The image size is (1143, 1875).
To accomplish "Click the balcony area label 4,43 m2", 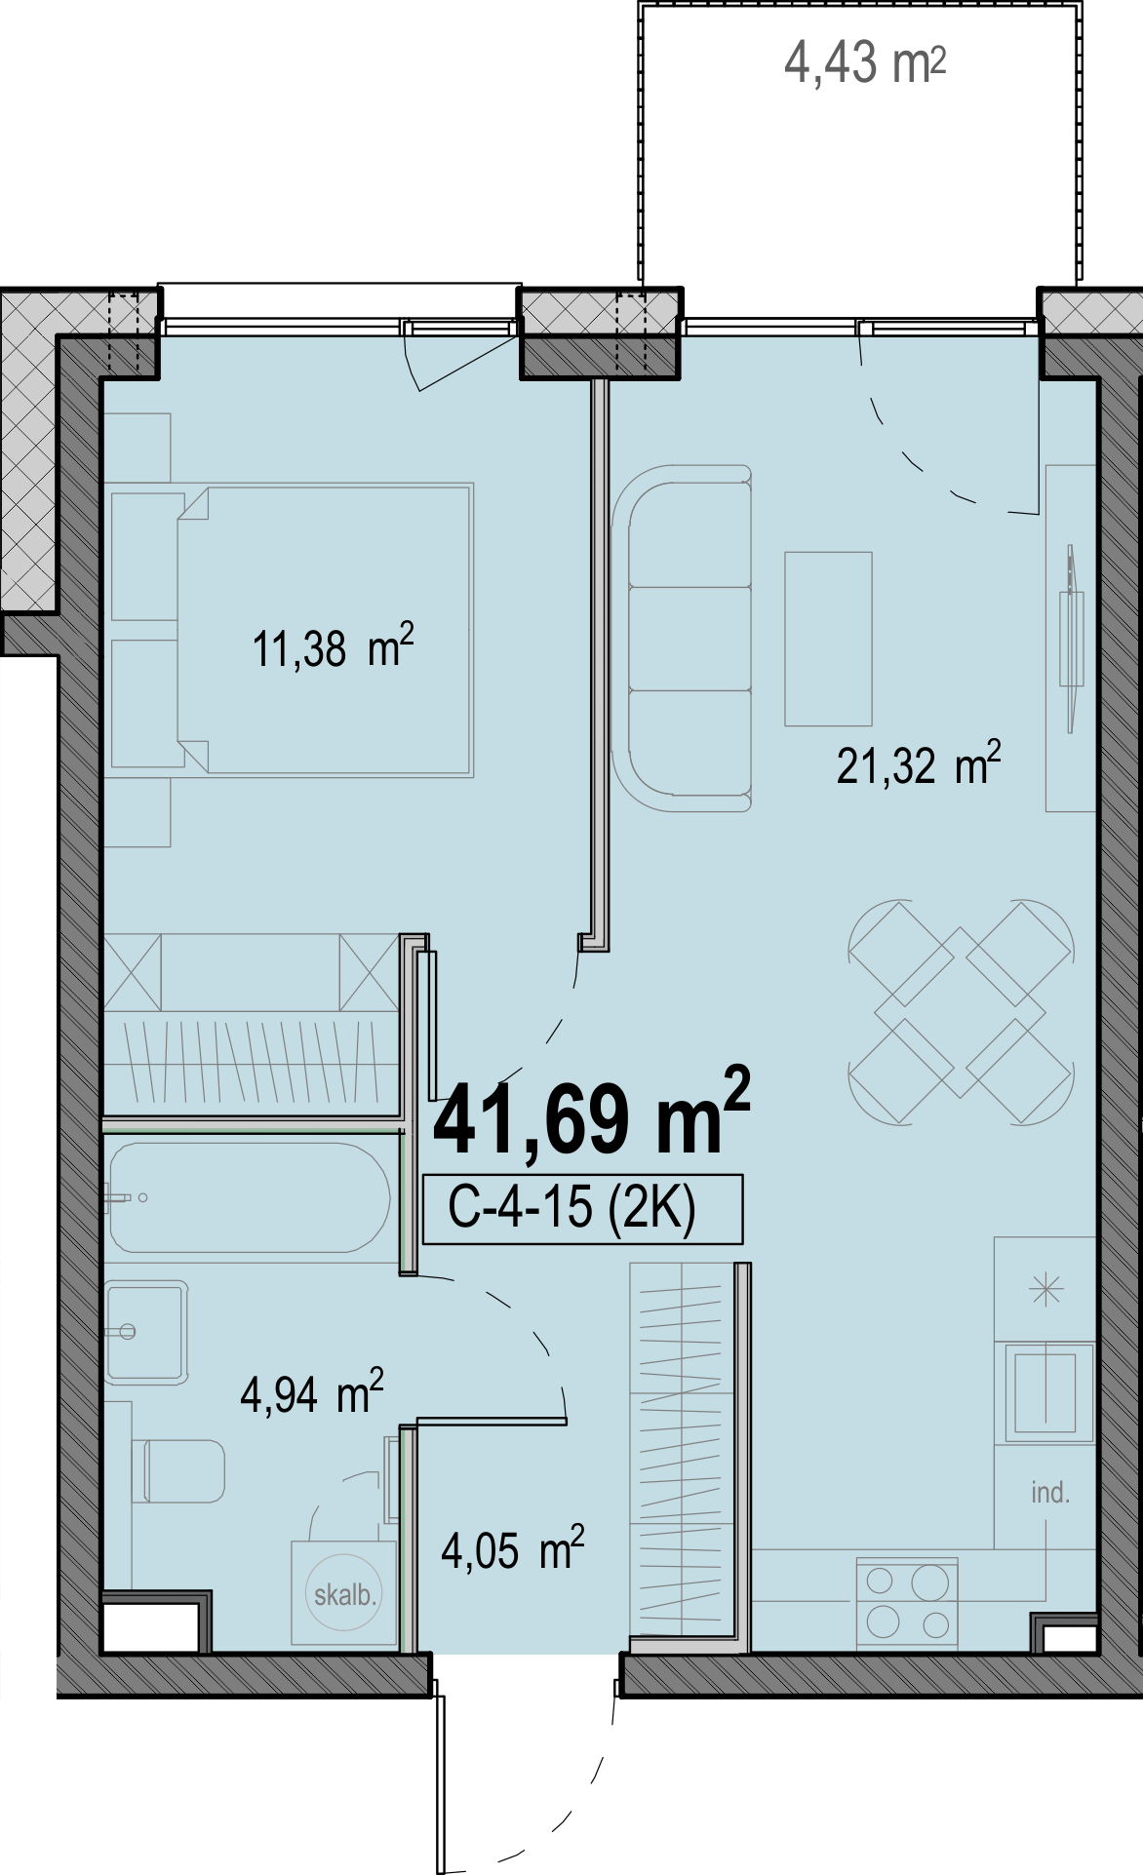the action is click(x=865, y=63).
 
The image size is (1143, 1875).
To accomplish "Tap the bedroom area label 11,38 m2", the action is click(x=334, y=647).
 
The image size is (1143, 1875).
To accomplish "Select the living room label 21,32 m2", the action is click(x=919, y=763).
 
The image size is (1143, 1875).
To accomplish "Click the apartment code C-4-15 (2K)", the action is click(x=572, y=1208).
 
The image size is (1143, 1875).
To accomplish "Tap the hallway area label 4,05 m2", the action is click(x=513, y=1548).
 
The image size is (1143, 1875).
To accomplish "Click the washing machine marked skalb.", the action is click(x=344, y=1593).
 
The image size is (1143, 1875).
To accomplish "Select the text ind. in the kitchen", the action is click(x=1050, y=1492).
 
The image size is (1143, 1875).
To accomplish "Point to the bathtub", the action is click(x=250, y=1197).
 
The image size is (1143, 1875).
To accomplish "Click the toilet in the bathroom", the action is click(x=183, y=1471).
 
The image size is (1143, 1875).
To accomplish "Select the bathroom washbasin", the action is click(x=146, y=1332).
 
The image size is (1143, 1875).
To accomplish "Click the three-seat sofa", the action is click(x=682, y=639).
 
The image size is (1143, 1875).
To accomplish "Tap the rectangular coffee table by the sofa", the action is click(x=828, y=639).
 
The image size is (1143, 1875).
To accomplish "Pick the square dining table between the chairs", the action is click(x=961, y=1012).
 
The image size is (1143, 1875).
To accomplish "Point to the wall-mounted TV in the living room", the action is click(x=1072, y=639).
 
